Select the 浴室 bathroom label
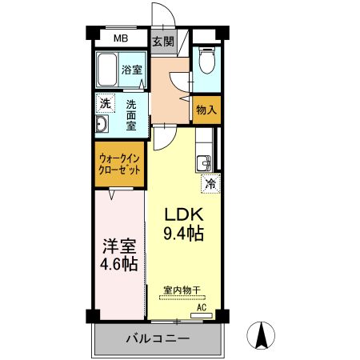[132, 70]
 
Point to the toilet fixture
[206, 61]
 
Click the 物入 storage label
[206, 110]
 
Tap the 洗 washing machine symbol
[105, 103]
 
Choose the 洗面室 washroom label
[130, 114]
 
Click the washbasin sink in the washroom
[102, 125]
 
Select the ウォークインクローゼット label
[119, 166]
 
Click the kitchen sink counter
[202, 157]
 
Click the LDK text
[186, 215]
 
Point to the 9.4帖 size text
[184, 234]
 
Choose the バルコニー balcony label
[157, 339]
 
